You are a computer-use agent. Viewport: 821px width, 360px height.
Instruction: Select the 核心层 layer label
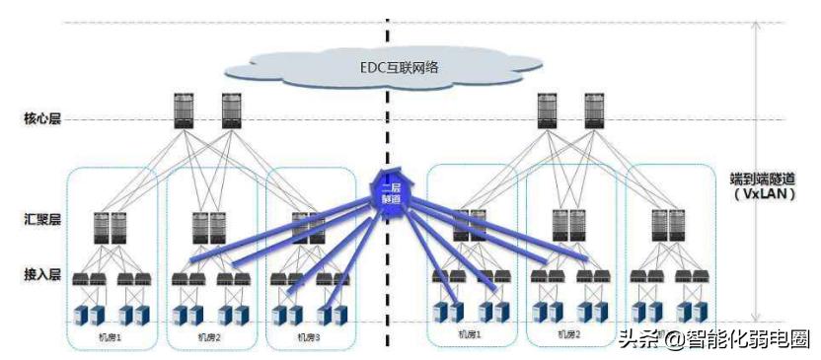tap(42, 119)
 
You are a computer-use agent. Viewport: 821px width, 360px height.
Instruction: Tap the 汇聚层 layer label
tap(42, 218)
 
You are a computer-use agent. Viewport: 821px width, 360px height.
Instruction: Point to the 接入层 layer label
tap(42, 269)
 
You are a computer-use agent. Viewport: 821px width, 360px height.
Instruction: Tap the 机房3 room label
tap(309, 337)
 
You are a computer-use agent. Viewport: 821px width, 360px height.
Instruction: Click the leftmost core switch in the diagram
tap(183, 110)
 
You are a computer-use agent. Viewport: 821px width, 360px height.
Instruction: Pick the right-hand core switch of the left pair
tap(232, 110)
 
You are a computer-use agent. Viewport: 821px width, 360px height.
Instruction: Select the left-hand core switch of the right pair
tap(546, 110)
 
